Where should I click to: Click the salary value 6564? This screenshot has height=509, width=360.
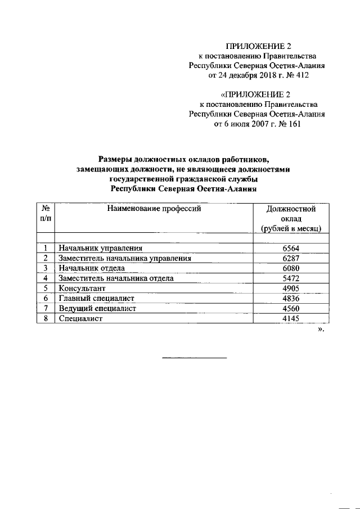291,248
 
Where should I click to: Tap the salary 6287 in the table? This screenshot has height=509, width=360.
291,258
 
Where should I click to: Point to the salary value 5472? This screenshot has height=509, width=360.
291,278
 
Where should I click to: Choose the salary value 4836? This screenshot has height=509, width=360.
291,299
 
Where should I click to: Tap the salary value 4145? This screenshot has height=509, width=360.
291,319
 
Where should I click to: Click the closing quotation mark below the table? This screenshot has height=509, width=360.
321,330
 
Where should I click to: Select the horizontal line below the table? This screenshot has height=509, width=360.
195,358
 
